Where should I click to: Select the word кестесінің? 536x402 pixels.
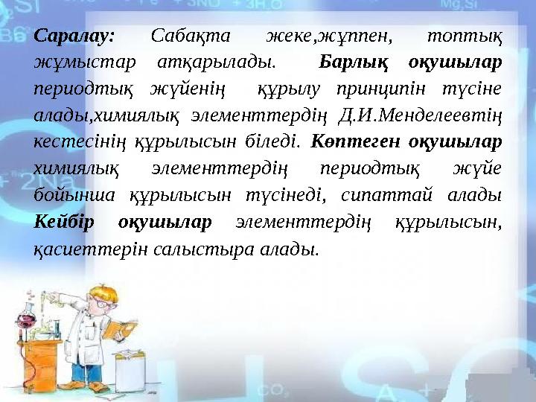coord(76,140)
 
